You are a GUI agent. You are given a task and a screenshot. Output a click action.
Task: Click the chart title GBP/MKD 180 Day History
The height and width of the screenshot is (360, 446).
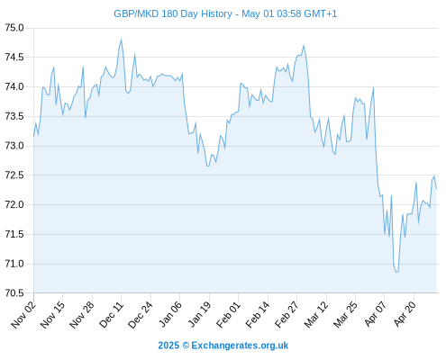(x=173, y=13)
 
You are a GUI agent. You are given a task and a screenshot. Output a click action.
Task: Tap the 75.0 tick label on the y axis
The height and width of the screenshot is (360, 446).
(x=14, y=28)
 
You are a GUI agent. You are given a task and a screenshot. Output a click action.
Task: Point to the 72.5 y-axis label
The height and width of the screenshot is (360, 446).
(x=14, y=175)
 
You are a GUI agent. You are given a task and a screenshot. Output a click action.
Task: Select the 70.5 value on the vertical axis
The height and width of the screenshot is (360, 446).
(x=14, y=293)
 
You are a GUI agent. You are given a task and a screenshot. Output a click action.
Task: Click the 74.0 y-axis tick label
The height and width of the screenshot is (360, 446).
(x=14, y=87)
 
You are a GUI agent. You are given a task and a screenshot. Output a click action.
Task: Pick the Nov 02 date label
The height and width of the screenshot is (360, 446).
(x=23, y=314)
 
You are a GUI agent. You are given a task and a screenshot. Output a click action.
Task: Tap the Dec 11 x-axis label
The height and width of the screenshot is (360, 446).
(x=111, y=314)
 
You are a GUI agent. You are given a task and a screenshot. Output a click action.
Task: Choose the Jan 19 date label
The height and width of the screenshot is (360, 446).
(x=199, y=314)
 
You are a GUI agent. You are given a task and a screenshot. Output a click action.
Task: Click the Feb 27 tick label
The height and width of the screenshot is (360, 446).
(x=287, y=314)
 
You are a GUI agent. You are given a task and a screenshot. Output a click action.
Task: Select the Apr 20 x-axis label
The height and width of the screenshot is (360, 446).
(x=405, y=314)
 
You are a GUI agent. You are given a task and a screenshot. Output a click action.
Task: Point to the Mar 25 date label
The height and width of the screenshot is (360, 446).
(x=345, y=314)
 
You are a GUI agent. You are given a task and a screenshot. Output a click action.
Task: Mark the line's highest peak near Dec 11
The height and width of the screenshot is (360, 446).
(x=121, y=40)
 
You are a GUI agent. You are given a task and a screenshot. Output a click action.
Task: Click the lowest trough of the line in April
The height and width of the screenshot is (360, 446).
(x=396, y=272)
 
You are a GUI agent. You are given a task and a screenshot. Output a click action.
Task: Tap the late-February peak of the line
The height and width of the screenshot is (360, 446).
(x=304, y=46)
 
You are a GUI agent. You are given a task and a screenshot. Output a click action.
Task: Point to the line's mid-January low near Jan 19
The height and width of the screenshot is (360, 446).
(x=207, y=166)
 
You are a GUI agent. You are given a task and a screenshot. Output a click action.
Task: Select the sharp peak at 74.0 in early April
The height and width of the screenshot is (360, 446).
(x=373, y=87)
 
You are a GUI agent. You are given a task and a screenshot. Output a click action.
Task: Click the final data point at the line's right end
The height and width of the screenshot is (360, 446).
(x=436, y=188)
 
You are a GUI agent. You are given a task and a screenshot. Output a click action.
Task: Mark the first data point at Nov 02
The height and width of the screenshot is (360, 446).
(x=33, y=136)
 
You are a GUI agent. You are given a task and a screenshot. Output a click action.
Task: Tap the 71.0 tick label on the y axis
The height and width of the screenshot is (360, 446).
(x=14, y=264)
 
